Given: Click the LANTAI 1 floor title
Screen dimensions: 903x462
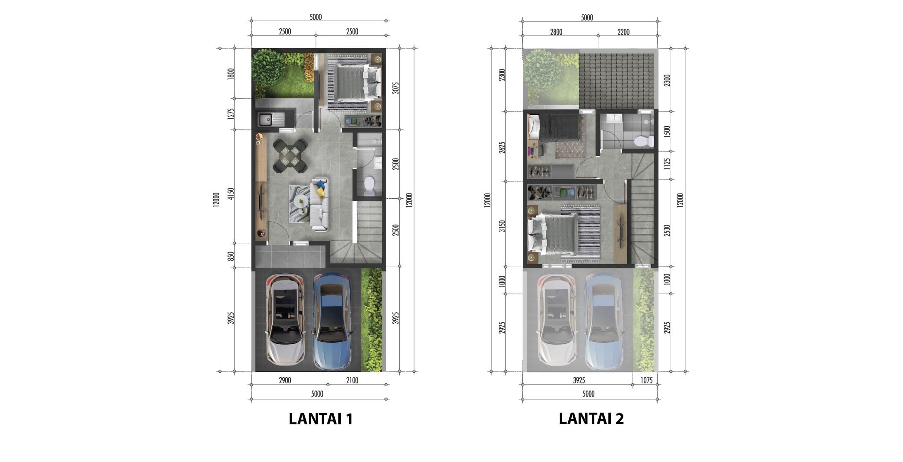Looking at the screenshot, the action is pyautogui.click(x=321, y=419).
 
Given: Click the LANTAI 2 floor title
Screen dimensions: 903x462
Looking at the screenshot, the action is pyautogui.click(x=591, y=418).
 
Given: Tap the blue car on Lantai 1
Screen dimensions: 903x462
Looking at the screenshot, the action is pyautogui.click(x=333, y=321).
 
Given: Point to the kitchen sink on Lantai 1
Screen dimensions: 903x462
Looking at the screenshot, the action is pyautogui.click(x=271, y=118).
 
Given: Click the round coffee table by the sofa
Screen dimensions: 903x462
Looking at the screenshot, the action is pyautogui.click(x=300, y=201).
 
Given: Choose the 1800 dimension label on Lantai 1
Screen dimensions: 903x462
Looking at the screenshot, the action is pyautogui.click(x=231, y=74).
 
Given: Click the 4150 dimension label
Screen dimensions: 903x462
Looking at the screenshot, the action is pyautogui.click(x=231, y=194).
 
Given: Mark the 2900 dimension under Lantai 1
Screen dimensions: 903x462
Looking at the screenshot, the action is pyautogui.click(x=285, y=381).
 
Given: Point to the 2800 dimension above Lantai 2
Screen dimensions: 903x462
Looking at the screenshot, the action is pyautogui.click(x=556, y=32).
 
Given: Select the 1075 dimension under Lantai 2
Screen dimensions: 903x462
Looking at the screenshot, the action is pyautogui.click(x=646, y=381).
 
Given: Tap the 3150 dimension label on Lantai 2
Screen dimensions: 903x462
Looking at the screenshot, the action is pyautogui.click(x=502, y=226).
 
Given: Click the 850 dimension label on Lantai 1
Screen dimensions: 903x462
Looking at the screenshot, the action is pyautogui.click(x=231, y=256).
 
